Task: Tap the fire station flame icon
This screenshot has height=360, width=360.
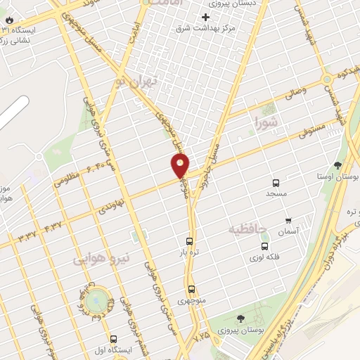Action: (8, 20)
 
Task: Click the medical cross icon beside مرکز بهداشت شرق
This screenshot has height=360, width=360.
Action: (205, 17)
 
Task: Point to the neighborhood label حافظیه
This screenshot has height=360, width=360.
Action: (249, 229)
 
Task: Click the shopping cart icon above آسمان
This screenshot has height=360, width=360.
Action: (288, 220)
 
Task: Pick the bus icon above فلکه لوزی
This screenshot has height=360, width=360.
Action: (264, 246)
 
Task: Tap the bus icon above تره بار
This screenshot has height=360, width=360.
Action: (189, 240)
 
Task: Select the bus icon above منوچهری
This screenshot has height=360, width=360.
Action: (191, 289)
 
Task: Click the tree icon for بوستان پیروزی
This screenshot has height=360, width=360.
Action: (240, 319)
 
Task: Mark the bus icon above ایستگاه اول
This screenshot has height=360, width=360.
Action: (113, 339)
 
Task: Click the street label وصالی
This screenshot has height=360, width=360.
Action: (295, 91)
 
